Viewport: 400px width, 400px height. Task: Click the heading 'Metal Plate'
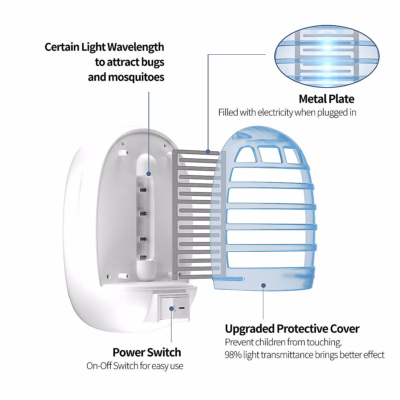[326, 99]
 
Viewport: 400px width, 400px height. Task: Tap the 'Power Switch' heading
[147, 352]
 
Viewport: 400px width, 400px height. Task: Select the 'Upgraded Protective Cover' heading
[292, 329]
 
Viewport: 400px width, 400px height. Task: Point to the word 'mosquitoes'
[136, 77]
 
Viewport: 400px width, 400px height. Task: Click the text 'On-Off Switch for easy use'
[135, 366]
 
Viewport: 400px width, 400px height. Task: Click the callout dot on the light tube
[149, 174]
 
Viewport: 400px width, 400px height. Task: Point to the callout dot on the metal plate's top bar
[208, 152]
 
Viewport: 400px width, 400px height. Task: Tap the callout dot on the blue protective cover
[263, 286]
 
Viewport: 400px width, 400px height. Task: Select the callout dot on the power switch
[171, 309]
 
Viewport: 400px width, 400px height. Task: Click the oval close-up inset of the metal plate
[327, 56]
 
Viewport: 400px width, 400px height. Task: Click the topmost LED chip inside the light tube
[143, 190]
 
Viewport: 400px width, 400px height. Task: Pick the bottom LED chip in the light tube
[143, 258]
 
